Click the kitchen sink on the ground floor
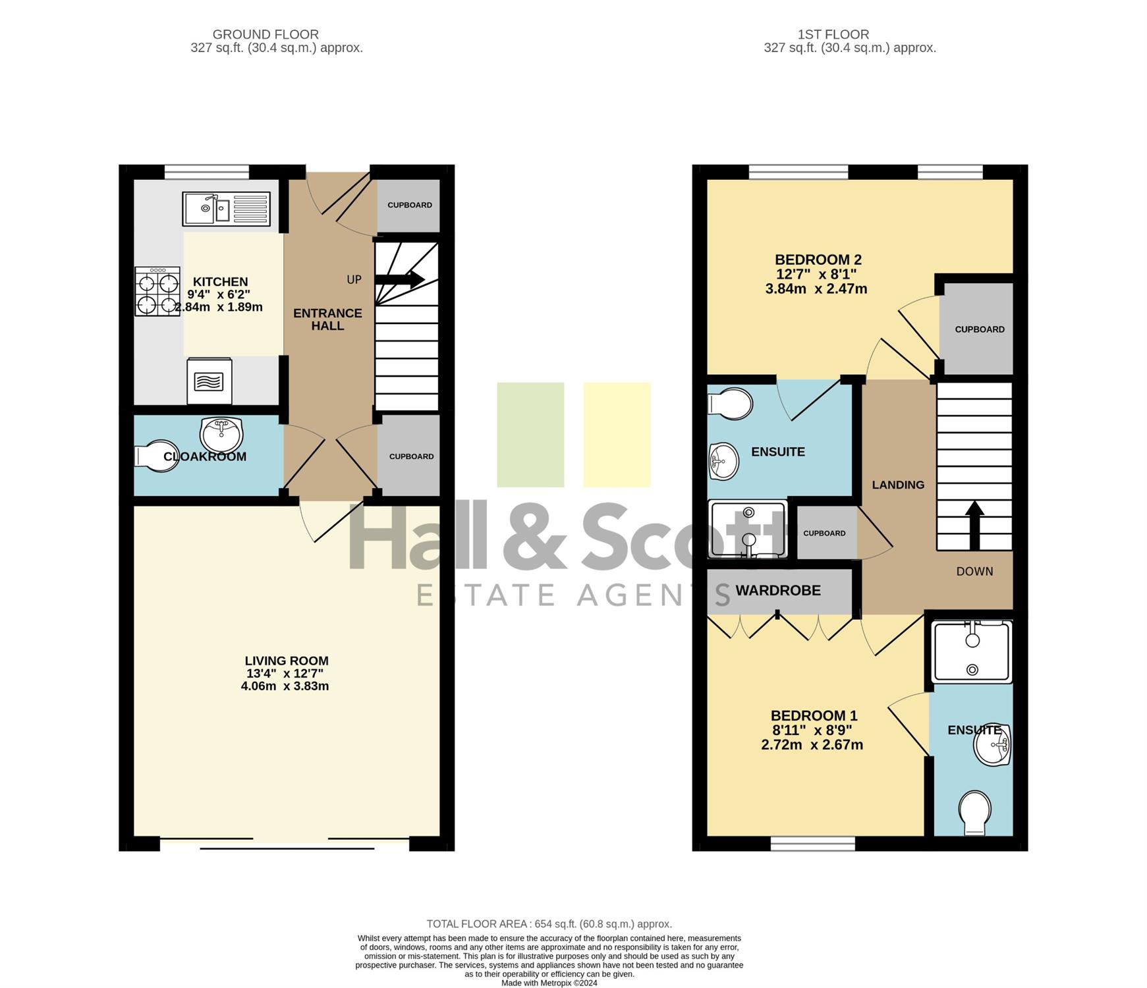coord(226,209)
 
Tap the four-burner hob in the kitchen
coord(157,291)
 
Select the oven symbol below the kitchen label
coord(210,381)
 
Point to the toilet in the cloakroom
coord(156,456)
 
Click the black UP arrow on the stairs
coord(399,279)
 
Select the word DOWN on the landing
coord(974,572)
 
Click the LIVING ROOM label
coord(287,661)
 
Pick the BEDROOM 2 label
coord(818,260)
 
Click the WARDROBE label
coord(778,591)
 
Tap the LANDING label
coord(898,485)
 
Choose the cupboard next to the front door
coord(408,206)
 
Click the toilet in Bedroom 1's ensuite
coord(975,813)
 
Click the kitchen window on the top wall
coord(207,172)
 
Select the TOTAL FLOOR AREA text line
coord(549,924)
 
